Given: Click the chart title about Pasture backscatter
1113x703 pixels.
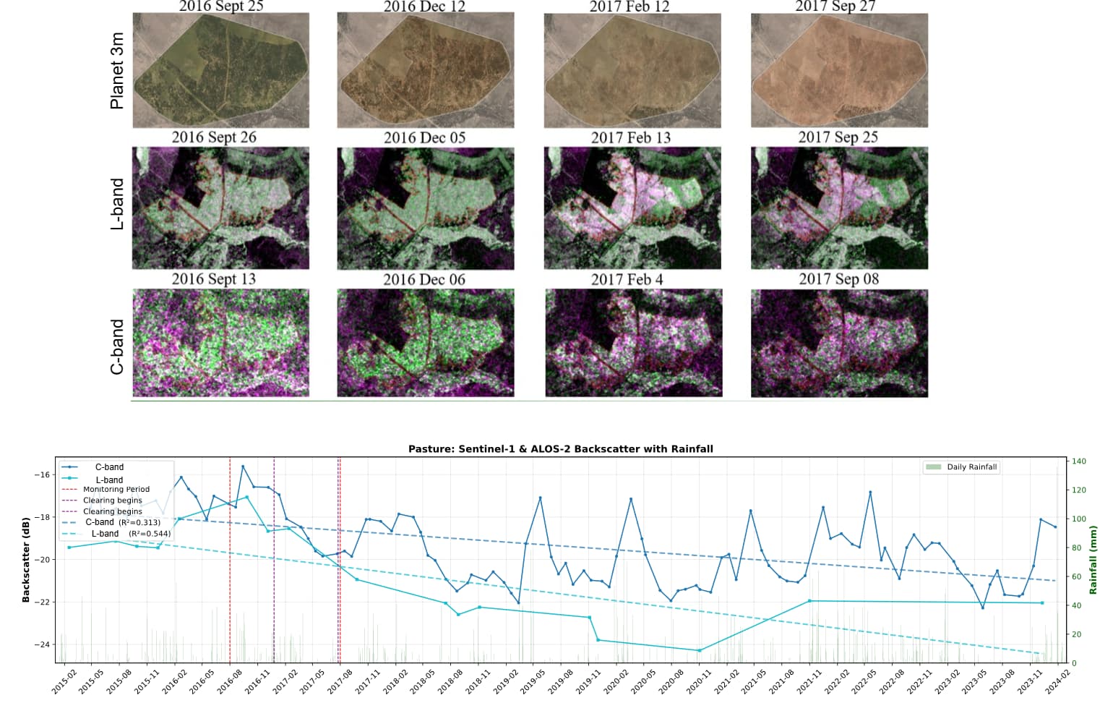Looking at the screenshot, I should (x=560, y=449).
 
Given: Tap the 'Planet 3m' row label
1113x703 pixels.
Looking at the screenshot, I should (x=116, y=70).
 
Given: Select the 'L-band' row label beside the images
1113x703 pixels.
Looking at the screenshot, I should (x=116, y=205).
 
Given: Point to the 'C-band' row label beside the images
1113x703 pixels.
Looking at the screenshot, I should (x=116, y=347).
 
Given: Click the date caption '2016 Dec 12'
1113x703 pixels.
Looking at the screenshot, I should (x=424, y=7).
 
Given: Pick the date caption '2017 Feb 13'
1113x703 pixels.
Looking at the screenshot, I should (x=630, y=137).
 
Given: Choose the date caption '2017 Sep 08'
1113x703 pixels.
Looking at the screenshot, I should (x=838, y=279).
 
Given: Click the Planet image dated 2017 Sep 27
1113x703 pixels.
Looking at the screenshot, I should (x=839, y=70).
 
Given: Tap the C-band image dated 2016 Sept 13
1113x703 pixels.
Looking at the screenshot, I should (x=220, y=343).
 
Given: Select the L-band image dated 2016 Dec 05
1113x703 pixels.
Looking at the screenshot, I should (x=425, y=208).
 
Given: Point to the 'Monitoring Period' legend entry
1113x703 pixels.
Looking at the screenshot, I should (x=116, y=490).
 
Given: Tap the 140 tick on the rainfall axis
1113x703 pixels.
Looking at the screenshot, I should (x=1078, y=461).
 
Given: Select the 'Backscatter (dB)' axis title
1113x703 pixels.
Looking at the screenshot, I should (x=26, y=560).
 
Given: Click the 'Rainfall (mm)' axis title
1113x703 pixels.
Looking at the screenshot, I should (x=1093, y=560).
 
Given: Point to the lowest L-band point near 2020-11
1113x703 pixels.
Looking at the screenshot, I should (x=699, y=651).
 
